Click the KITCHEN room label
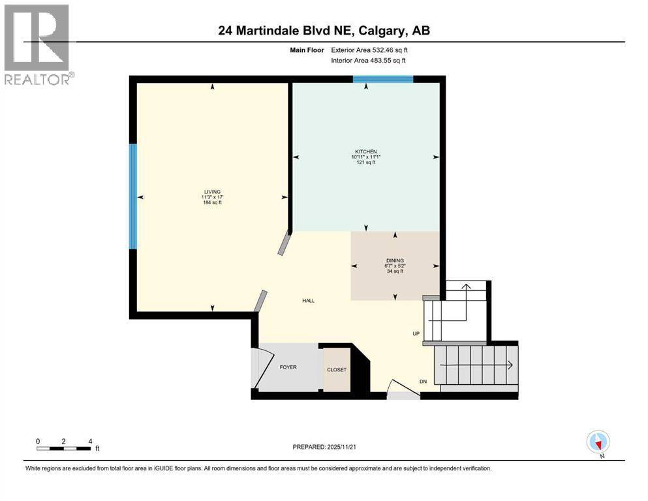coord(365,151)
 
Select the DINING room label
coord(394,260)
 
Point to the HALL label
coord(308,301)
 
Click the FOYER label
coord(288,367)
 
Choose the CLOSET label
coord(337,370)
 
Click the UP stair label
coord(416,333)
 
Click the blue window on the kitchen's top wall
coord(383,80)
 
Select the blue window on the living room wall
coord(133,196)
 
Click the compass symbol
coord(598,442)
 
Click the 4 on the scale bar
coord(89,441)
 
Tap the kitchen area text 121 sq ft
coord(365,162)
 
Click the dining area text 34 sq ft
coord(394,271)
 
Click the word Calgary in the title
coord(385,31)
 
